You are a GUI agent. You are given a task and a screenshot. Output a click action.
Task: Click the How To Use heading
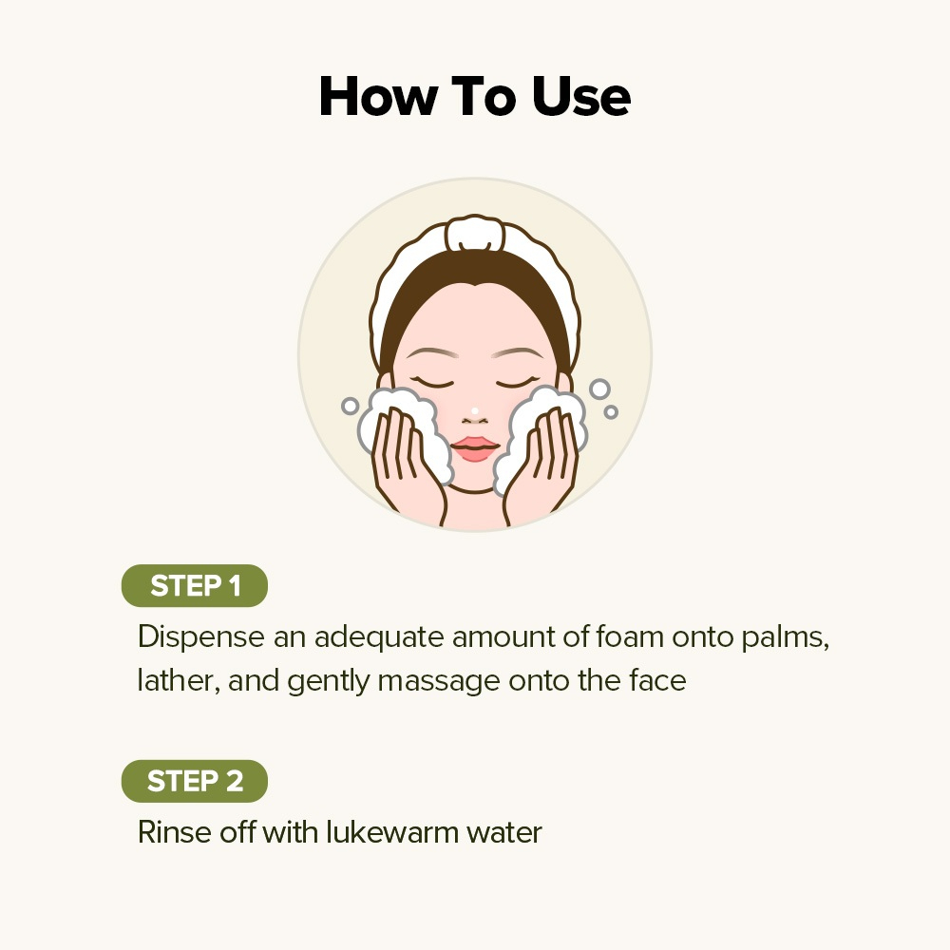[x=474, y=97]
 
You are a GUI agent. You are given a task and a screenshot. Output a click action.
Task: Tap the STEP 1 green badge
[x=195, y=586]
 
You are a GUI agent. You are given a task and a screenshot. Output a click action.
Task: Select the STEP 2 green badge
[x=195, y=782]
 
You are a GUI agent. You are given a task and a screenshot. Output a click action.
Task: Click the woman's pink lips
[x=474, y=447]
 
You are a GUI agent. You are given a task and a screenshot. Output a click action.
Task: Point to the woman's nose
[x=474, y=414]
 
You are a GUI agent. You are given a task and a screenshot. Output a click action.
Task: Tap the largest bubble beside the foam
[x=599, y=389]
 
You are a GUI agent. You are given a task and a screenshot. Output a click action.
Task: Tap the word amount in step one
[x=504, y=636]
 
